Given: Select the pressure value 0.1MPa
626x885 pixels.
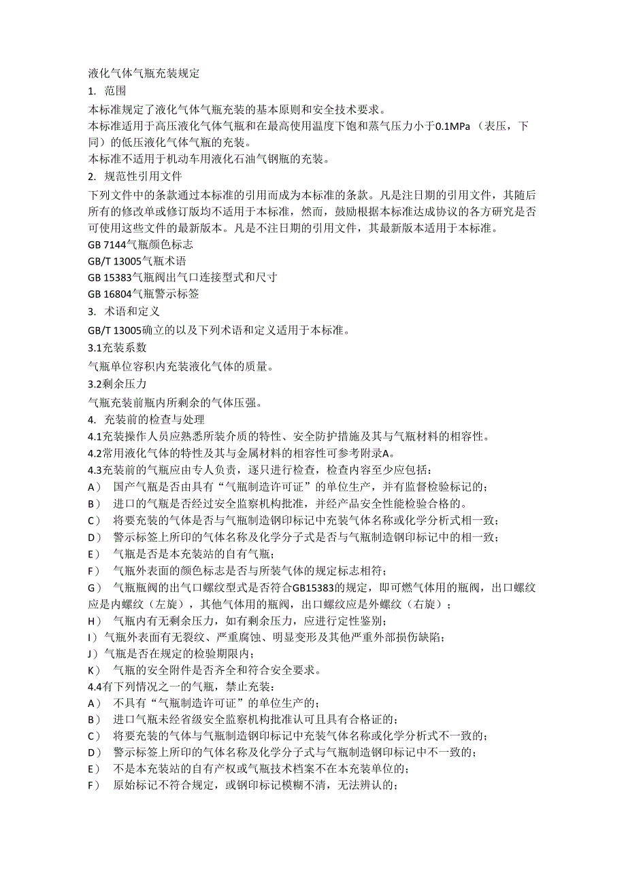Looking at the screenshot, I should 454,126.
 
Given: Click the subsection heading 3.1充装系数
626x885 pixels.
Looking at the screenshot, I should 117,347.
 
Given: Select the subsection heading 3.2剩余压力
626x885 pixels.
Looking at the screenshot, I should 117,384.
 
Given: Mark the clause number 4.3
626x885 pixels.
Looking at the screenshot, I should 95,470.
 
